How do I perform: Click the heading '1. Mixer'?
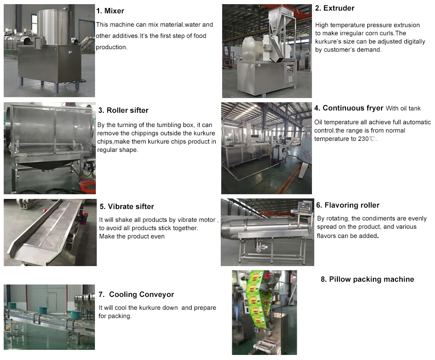[x=110, y=11]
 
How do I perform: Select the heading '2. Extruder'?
[x=335, y=8]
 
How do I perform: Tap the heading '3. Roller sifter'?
[x=123, y=110]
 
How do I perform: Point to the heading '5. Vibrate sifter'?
[x=127, y=207]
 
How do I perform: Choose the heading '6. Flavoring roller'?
[x=348, y=205]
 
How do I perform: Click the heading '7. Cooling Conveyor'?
[x=136, y=295]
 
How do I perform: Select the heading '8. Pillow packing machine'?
[x=367, y=279]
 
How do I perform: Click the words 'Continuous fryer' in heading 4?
[x=353, y=108]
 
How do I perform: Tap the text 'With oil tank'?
[x=403, y=109]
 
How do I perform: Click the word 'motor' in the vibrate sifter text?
[x=206, y=220]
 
